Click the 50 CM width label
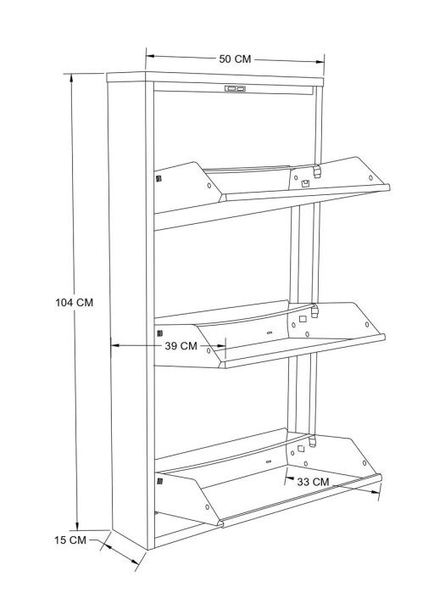(x=235, y=59)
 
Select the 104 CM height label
(x=74, y=303)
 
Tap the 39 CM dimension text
(x=181, y=346)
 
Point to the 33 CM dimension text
(x=313, y=482)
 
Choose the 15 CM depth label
(x=70, y=540)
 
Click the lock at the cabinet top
(x=235, y=89)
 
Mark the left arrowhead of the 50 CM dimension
(x=150, y=56)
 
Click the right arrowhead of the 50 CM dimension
(x=320, y=62)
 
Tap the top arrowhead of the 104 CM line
(x=71, y=78)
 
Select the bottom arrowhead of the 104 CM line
(x=78, y=525)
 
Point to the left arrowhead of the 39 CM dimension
(x=115, y=345)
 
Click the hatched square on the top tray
(x=159, y=179)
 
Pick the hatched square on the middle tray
(x=159, y=333)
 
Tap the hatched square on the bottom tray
(x=159, y=481)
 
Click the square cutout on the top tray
(x=305, y=182)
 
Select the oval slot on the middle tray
(x=270, y=333)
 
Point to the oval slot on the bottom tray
(x=269, y=461)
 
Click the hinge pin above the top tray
(x=317, y=171)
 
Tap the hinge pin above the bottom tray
(x=312, y=441)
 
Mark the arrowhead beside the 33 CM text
(x=289, y=478)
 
